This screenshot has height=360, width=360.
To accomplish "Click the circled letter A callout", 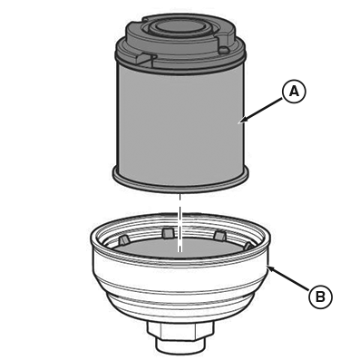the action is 294,92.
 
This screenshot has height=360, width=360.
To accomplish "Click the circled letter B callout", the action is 320,297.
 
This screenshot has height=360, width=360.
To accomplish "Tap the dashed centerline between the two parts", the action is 180,223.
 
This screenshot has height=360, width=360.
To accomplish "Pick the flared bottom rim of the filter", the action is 180,180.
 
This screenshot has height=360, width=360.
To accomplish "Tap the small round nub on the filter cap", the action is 224,50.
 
